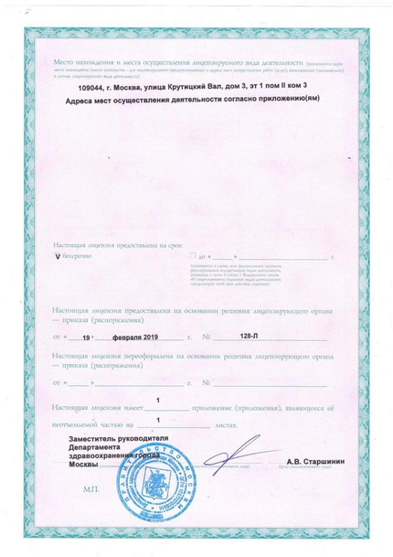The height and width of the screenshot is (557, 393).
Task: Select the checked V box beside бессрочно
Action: pos(58,258)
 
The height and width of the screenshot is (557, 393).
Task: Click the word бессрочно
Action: pos(80,258)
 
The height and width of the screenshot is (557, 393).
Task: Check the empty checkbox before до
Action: pos(183,258)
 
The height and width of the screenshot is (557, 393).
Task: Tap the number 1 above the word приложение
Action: pos(158,400)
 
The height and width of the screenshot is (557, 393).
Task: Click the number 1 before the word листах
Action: pos(158,420)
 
